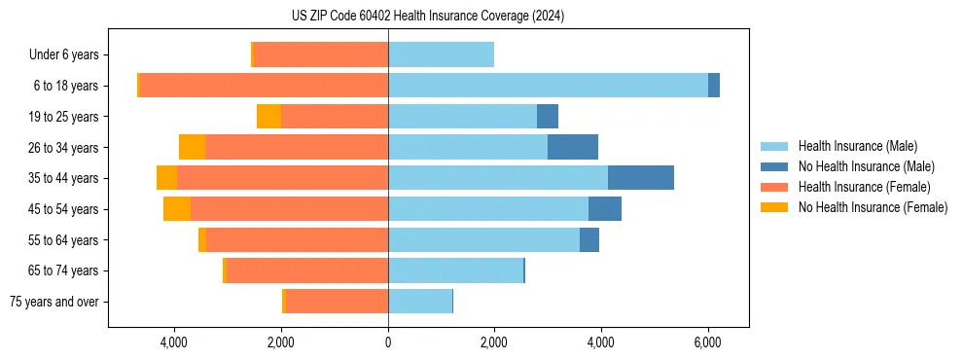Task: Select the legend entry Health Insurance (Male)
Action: [856, 146]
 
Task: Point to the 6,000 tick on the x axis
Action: [707, 342]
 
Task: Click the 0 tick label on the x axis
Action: [388, 342]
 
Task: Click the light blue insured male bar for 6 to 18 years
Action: [548, 86]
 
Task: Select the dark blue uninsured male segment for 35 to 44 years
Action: [641, 178]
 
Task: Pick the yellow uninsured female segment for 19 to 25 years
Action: [268, 117]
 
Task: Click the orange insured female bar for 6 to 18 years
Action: [264, 86]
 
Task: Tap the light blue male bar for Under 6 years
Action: [441, 54]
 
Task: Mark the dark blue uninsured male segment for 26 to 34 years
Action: [573, 147]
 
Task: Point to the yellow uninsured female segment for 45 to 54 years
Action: [177, 209]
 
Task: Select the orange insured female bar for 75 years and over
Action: [337, 302]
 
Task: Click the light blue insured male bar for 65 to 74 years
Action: [455, 270]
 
